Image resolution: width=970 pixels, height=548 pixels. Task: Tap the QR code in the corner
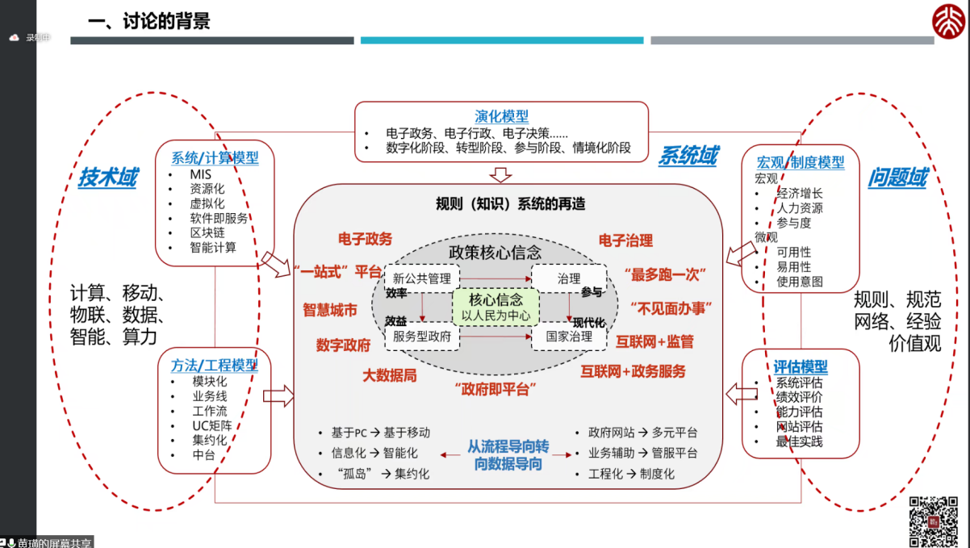[x=934, y=521]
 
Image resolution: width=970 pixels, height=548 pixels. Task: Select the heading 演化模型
[x=501, y=115]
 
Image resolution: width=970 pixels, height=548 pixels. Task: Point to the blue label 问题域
[x=897, y=178]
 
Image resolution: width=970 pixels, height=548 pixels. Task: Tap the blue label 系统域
[x=688, y=155]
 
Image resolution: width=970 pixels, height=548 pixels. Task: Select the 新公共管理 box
[x=422, y=278]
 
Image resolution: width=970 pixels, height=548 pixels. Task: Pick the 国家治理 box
[x=569, y=337]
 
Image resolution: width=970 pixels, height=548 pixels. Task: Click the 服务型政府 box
[x=422, y=337]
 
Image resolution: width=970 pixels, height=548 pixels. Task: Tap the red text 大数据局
[x=389, y=375]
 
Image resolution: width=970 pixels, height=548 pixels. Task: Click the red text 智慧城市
[x=330, y=310]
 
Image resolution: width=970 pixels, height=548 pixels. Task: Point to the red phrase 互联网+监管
[x=654, y=341]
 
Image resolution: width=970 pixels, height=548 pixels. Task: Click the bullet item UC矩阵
[x=212, y=425]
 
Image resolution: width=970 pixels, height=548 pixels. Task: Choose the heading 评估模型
[x=801, y=367]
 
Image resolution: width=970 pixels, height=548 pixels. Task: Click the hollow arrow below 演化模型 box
[x=501, y=174]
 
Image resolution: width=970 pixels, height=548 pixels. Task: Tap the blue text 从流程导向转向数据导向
[x=508, y=455]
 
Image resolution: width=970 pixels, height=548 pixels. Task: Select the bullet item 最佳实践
[x=799, y=441]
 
